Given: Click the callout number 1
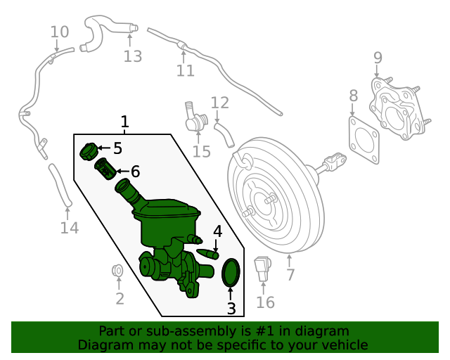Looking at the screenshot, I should point(125,122).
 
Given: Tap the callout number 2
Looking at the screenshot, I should point(120,299).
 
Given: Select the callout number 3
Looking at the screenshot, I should point(231,308).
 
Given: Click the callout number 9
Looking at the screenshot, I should point(378,58).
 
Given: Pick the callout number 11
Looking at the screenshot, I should point(185,70).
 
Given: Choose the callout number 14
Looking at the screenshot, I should point(69,228).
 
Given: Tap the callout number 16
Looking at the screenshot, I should point(265,302).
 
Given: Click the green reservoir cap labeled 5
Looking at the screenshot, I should point(89,150).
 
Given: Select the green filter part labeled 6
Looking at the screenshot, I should point(105,169).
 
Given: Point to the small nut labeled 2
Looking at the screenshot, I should point(118,270).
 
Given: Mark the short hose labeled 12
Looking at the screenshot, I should point(225,134).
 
